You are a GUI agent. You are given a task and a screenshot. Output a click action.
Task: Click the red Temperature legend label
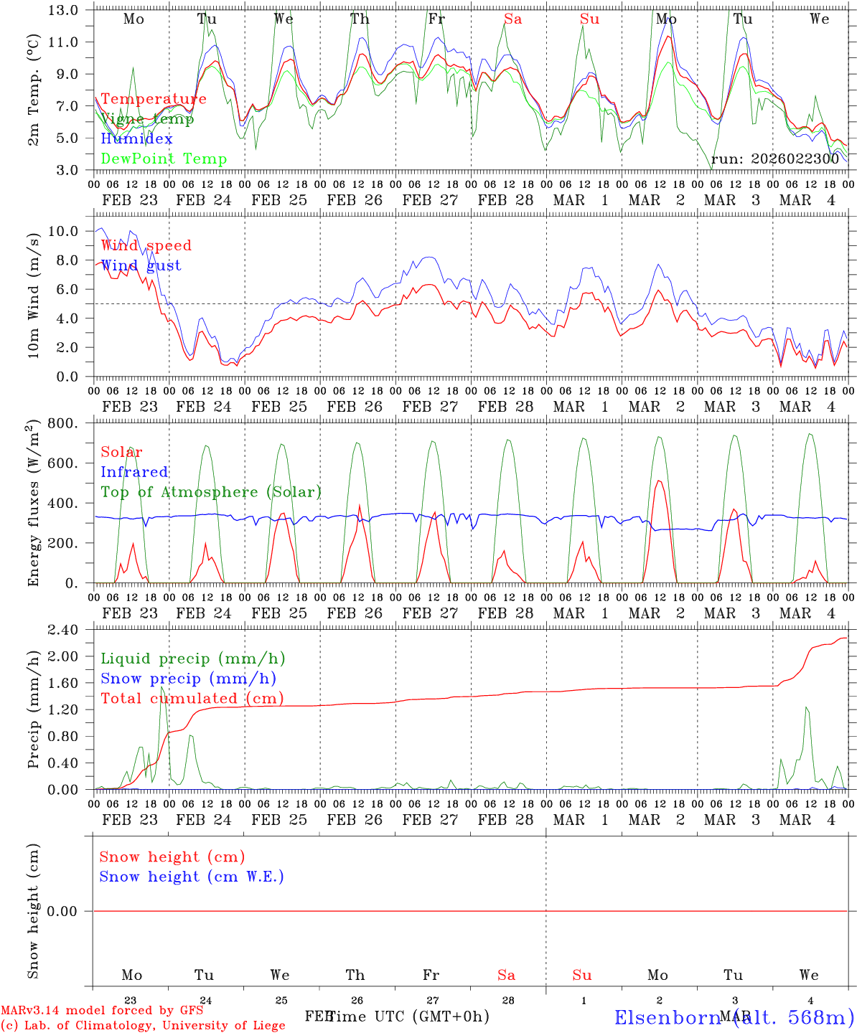coord(154,99)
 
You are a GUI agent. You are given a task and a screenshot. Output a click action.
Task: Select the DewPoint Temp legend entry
coord(164,159)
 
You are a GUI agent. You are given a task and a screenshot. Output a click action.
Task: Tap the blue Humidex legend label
coord(136,139)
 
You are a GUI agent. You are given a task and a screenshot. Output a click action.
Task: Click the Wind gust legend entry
coord(141,265)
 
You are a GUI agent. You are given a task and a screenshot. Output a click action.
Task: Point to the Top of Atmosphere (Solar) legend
coord(211,492)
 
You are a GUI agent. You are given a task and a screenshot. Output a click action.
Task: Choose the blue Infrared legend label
coord(134,472)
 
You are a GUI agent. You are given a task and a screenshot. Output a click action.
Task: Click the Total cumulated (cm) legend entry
coord(192,699)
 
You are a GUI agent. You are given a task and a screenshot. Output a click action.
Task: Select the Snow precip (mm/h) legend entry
coord(188,679)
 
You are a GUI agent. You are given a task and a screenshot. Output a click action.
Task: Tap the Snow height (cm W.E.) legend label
coord(192,877)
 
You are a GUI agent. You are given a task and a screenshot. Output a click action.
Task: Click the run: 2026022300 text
coord(774,159)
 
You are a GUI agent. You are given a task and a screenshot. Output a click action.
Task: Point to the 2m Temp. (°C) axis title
coord(33,90)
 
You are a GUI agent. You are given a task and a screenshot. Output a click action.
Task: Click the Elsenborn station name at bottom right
coord(734,1017)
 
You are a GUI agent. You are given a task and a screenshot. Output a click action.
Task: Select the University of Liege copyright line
coord(143,1025)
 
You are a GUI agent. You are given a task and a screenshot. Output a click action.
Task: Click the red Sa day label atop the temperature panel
coord(512,19)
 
